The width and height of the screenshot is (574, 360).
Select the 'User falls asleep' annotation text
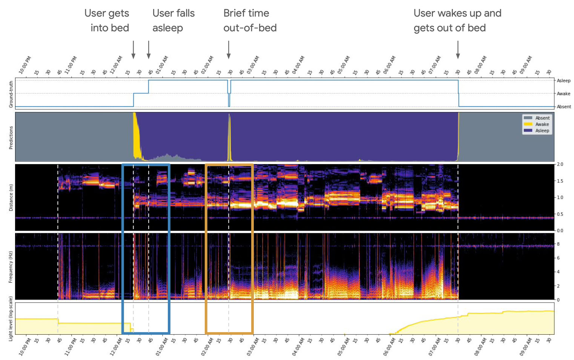coord(173,20)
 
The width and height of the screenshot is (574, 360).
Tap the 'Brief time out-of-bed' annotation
coord(250,20)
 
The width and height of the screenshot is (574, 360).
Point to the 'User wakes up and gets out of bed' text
coord(457,20)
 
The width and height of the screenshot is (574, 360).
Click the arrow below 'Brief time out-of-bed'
coord(229,50)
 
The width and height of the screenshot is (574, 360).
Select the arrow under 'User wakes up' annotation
coord(458,50)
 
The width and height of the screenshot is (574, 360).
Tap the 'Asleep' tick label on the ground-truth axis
coord(563,81)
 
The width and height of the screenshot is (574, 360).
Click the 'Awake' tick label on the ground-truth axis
coord(563,94)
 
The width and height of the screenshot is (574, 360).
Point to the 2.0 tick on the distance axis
coord(560,165)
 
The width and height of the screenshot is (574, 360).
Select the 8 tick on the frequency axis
coord(558,244)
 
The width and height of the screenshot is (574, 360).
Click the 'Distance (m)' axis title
coord(11,197)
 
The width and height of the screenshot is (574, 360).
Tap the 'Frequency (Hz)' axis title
coord(11,267)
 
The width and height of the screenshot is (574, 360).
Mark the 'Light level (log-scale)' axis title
coord(11,318)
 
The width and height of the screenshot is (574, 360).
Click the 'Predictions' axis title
coord(11,137)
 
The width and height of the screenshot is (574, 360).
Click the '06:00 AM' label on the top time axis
coord(390,65)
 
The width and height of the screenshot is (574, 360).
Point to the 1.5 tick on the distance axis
coord(560,181)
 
